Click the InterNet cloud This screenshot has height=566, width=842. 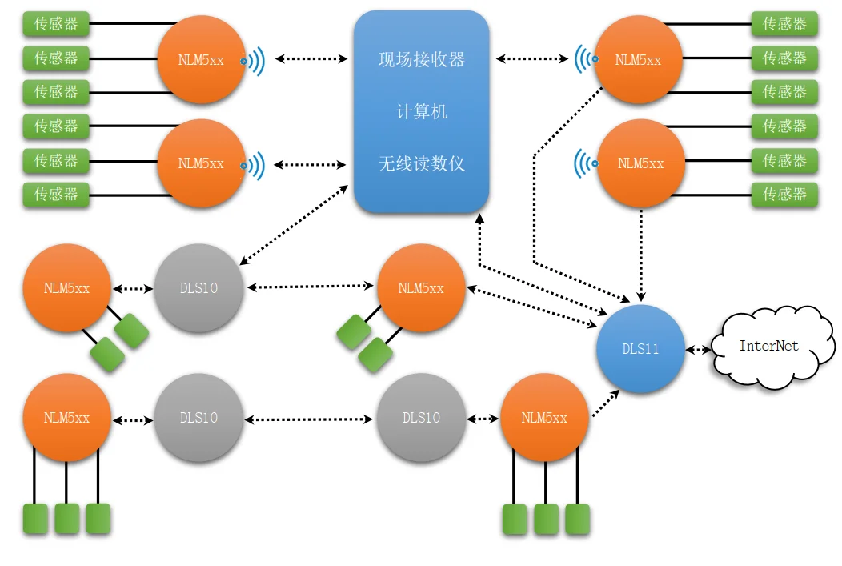(768, 347)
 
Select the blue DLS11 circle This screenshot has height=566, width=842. (640, 349)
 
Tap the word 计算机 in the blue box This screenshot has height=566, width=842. (421, 112)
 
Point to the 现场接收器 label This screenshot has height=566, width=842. (421, 60)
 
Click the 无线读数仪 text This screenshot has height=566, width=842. (421, 163)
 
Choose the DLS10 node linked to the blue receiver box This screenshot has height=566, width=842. (198, 287)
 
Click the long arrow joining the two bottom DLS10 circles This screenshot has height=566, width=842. (309, 419)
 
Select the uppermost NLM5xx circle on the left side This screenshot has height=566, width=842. (201, 59)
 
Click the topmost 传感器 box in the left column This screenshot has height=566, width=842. (56, 24)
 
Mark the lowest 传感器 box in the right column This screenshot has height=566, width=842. (784, 194)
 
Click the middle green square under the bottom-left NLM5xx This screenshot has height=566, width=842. (66, 518)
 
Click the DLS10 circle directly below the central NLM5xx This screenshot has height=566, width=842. (421, 418)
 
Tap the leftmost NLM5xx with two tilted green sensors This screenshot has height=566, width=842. (66, 287)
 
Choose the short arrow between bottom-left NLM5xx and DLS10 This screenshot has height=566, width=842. (133, 419)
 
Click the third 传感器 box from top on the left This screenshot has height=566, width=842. (56, 92)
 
